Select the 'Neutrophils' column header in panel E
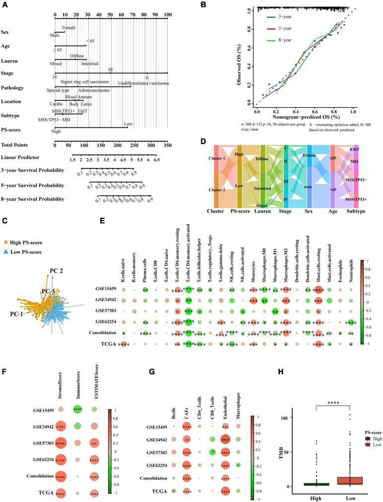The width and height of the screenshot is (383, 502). [350, 271]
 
